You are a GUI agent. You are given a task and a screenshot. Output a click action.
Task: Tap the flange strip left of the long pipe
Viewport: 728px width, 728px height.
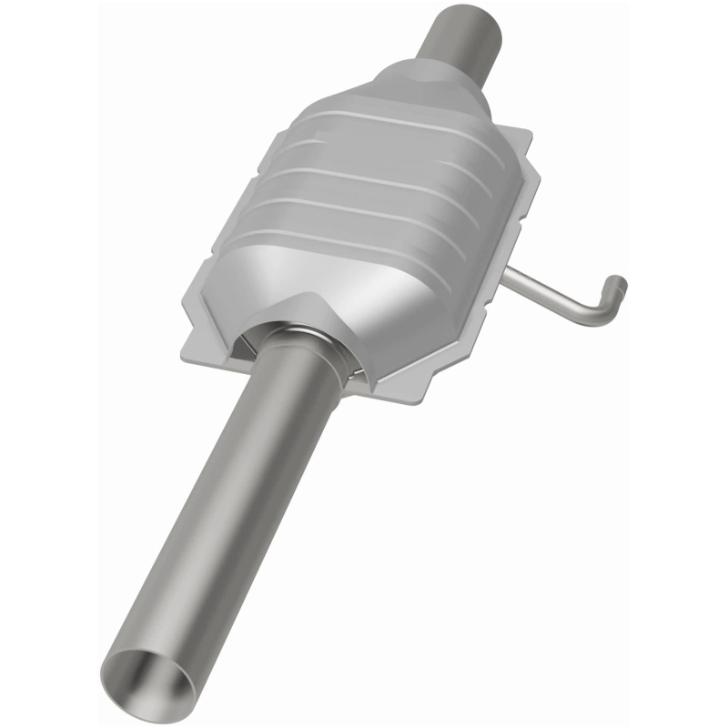pyautogui.click(x=214, y=355)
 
